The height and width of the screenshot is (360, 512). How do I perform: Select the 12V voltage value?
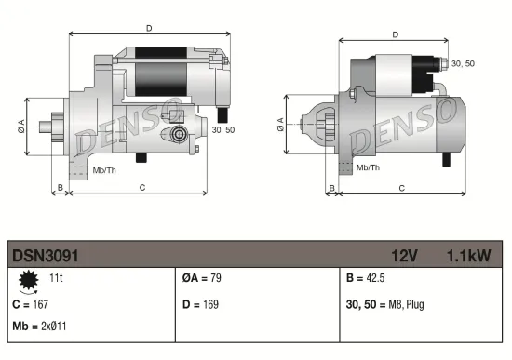[404, 253]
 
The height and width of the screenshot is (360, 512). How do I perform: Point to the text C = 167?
[30, 304]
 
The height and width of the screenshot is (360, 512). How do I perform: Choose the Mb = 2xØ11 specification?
[39, 326]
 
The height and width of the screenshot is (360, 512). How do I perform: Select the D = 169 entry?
[202, 304]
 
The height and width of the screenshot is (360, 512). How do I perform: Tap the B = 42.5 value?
[366, 278]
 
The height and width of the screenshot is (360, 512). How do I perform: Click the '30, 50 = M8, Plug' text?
[385, 304]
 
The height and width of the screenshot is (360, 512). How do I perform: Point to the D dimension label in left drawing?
[150, 28]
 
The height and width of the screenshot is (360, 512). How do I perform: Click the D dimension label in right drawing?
[396, 34]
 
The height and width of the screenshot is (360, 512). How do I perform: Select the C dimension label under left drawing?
[141, 187]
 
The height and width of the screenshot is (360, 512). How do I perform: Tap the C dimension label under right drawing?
[401, 187]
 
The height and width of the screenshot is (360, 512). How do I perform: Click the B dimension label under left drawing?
[60, 187]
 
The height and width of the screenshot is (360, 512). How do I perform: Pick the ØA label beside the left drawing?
[21, 127]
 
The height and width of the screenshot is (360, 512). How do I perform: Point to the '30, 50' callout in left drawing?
[223, 130]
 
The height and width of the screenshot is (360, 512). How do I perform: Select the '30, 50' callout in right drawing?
[463, 63]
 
